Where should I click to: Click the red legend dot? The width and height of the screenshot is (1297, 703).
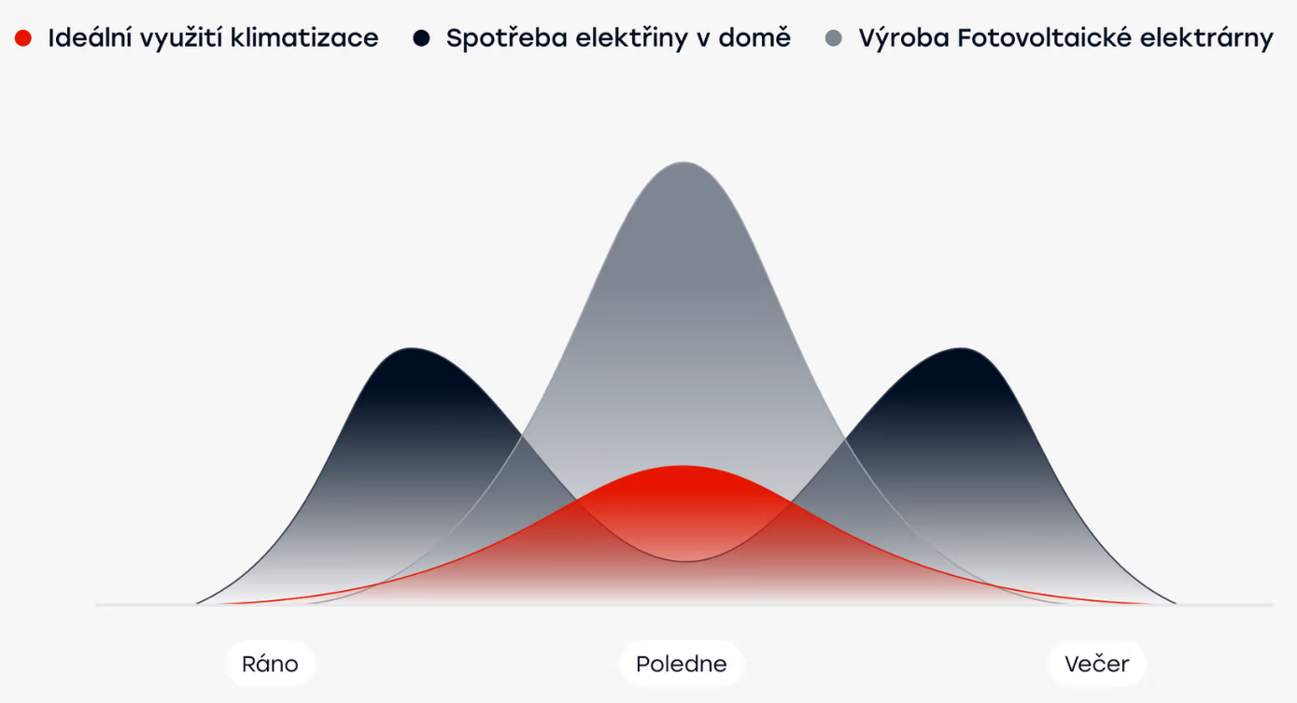pos(23,38)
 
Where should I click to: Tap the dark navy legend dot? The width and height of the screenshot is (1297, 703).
pos(421,38)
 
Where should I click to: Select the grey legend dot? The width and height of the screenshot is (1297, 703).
pos(834,38)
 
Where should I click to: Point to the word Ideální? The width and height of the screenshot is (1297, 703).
pos(87,38)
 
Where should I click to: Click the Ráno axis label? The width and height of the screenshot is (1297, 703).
pos(270,664)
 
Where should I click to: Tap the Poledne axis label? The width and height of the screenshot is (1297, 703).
pos(682,664)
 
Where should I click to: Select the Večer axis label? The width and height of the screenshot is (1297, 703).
pos(1097,664)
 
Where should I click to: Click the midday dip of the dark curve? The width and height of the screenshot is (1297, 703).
pos(685,561)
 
